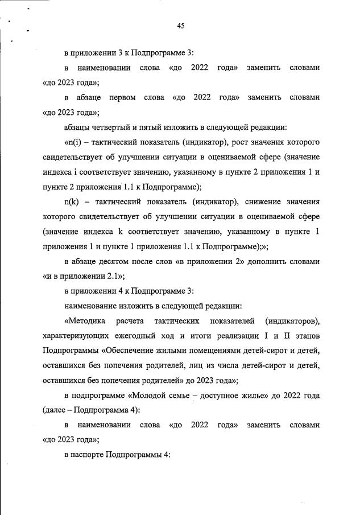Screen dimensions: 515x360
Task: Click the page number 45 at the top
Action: click(180, 25)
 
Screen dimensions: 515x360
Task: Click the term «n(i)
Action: click(75, 142)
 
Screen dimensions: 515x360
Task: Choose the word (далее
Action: click(56, 410)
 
